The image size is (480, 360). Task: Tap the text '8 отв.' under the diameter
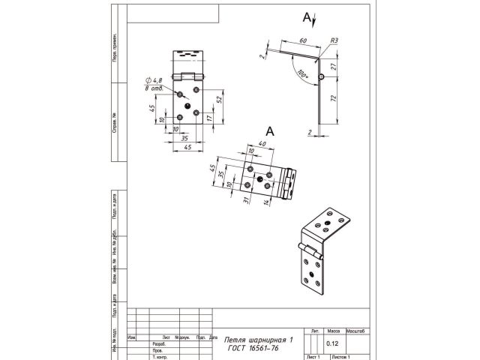point(154,88)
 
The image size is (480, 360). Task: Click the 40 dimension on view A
point(262,144)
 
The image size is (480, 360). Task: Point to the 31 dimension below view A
point(245,199)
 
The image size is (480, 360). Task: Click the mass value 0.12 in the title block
point(332,344)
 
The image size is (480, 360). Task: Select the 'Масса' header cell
point(334,331)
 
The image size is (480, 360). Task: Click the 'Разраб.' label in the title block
point(159,344)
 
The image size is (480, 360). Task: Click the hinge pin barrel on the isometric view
point(309,253)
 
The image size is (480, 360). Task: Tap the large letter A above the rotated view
point(271,130)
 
